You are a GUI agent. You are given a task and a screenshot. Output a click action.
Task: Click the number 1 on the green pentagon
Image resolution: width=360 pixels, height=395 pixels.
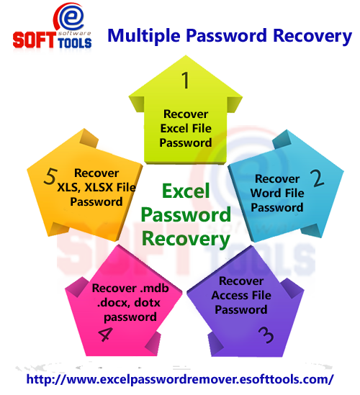pyautogui.click(x=186, y=80)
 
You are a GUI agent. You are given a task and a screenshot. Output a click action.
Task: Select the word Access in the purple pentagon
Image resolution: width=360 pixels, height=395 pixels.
pyautogui.click(x=232, y=295)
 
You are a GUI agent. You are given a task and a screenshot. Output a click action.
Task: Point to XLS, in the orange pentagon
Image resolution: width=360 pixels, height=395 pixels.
pyautogui.click(x=70, y=187)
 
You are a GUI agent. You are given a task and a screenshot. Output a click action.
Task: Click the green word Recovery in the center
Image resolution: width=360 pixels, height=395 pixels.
pyautogui.click(x=186, y=237)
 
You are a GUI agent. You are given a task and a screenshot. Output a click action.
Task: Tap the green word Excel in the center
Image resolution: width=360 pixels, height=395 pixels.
pyautogui.click(x=185, y=191)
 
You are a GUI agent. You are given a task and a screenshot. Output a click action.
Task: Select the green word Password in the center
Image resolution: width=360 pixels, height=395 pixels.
pyautogui.click(x=186, y=214)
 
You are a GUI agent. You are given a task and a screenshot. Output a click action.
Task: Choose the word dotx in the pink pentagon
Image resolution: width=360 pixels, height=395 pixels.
pyautogui.click(x=153, y=303)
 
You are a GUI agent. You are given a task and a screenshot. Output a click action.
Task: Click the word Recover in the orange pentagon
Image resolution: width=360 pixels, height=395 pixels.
pyautogui.click(x=96, y=173)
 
